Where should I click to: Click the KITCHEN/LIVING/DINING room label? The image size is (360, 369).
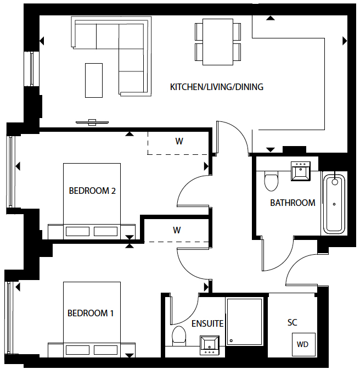pos(217,87)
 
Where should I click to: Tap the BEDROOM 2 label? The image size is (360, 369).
pos(92,191)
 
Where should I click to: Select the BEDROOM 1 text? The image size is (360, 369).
pos(91,313)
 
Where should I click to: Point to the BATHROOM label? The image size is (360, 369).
pos(292,203)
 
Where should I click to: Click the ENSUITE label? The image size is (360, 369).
pos(207,323)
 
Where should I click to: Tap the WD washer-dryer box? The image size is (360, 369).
pos(303,344)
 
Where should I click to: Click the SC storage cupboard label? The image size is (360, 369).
pos(292,322)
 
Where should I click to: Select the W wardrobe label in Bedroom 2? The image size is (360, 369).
pos(179,141)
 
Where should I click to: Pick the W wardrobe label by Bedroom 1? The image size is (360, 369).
pos(177,230)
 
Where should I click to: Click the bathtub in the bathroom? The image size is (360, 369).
pos(334,203)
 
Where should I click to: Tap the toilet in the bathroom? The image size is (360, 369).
pos(271,181)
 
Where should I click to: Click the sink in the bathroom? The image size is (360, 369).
pos(301,171)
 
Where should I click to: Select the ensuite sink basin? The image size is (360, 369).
pos(210,345)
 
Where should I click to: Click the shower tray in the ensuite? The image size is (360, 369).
pos(244,322)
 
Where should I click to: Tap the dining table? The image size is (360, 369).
pos(218,42)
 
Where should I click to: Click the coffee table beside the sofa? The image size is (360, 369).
pos(94,80)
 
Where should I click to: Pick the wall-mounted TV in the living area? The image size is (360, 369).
pos(92,122)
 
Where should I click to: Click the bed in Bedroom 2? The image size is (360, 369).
pos(92,201)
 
